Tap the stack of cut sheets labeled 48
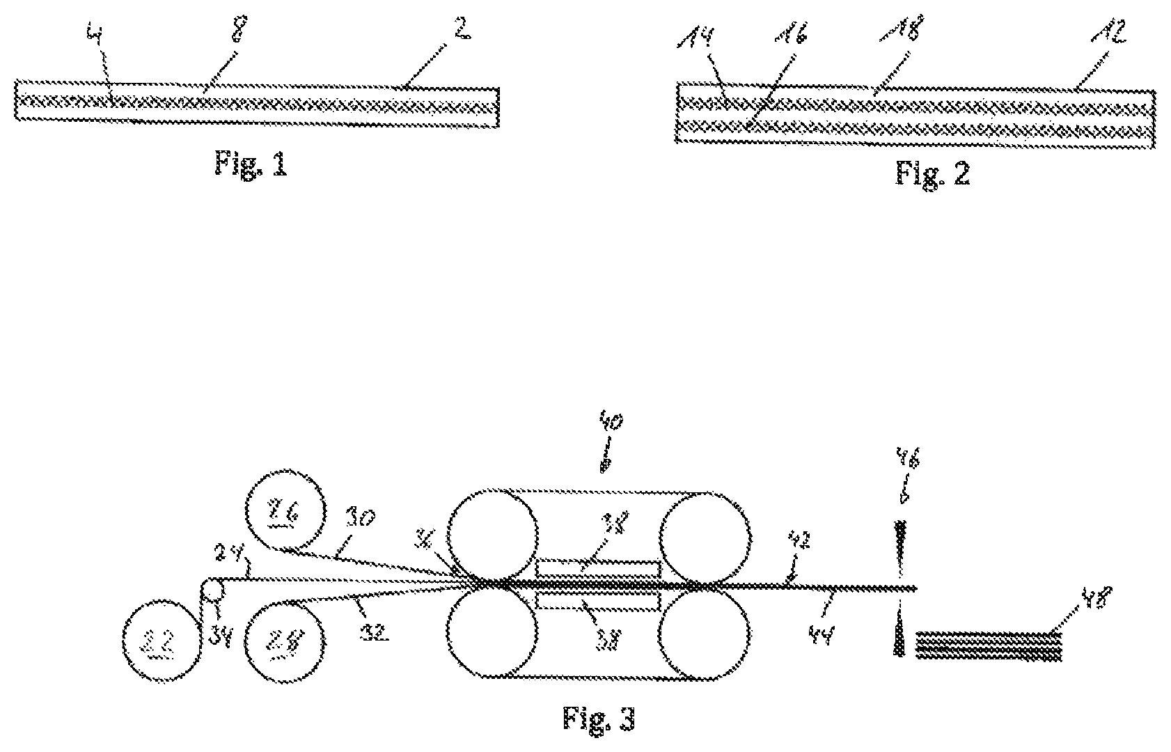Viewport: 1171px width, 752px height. click(989, 645)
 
